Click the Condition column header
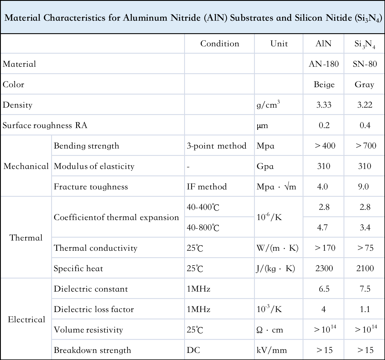coord(220,43)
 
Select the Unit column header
coord(279,43)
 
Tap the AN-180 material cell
coord(324,64)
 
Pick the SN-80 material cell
coord(365,64)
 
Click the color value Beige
coord(324,84)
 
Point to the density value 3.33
coord(324,105)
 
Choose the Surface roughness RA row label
coord(45,125)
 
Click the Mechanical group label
coord(26,166)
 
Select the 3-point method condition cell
coord(217,146)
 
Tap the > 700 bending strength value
coord(366,146)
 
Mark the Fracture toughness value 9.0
coord(363,187)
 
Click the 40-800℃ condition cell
coord(203,227)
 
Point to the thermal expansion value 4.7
coord(322,227)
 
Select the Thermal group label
coord(26,238)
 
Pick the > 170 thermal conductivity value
coord(325,248)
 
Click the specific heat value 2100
coord(365,268)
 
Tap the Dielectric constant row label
coord(91,289)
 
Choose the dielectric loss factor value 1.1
coord(365,309)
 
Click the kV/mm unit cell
coord(272,350)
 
